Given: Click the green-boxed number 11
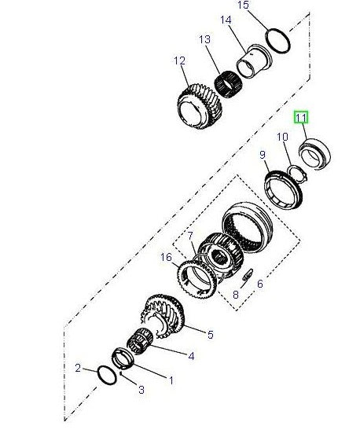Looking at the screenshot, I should tap(302, 118).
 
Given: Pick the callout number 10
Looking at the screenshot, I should tap(282, 138).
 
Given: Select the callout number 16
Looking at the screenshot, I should tap(165, 257).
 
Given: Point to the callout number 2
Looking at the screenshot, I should tap(79, 368).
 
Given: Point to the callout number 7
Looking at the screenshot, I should tap(188, 236).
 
